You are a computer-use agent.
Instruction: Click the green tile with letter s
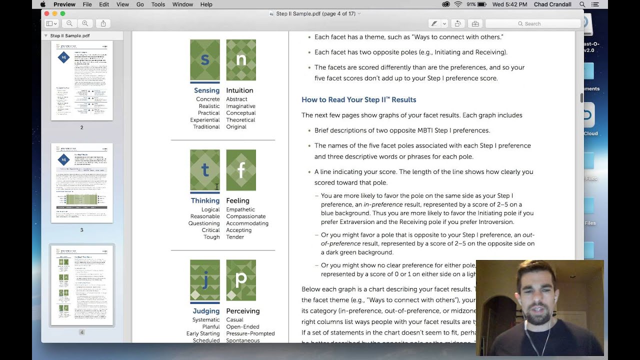point(205,60)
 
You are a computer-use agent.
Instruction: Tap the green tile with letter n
point(241,60)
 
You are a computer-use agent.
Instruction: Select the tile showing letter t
point(205,170)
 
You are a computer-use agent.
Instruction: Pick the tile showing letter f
point(241,170)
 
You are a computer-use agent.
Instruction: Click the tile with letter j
point(205,280)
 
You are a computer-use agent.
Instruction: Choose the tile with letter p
point(241,280)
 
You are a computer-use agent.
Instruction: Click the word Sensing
point(206,90)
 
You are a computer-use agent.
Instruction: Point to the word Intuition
point(239,90)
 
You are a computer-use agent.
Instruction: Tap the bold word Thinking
point(205,200)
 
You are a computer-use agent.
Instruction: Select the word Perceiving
point(243,311)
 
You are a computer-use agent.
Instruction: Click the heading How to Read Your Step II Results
point(358,99)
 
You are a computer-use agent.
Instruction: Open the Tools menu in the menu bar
point(158,4)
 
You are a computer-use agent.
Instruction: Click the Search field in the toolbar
point(532,23)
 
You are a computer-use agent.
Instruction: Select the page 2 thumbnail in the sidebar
point(82,81)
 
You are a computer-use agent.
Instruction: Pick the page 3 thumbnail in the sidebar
point(82,183)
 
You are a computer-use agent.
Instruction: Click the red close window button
point(46,13)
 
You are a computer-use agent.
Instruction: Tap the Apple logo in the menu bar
point(43,4)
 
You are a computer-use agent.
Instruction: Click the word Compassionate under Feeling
point(245,216)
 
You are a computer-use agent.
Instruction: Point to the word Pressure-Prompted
point(250,333)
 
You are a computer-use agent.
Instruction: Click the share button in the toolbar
point(103,23)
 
